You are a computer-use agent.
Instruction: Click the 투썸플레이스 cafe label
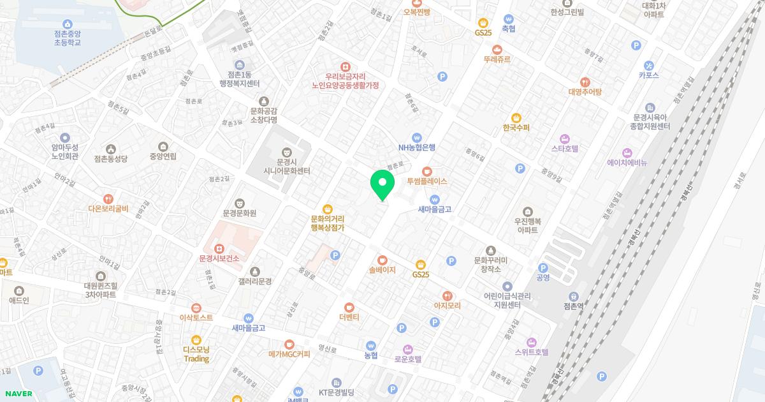pos(427,181)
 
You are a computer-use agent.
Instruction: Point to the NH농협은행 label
pos(417,147)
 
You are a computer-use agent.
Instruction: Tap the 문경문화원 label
pos(240,212)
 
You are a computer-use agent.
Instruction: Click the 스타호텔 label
pos(565,148)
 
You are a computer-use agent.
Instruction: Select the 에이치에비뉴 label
pos(627,163)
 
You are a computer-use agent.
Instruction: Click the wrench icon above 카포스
pos(649,65)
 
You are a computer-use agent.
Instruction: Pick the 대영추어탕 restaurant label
pos(585,91)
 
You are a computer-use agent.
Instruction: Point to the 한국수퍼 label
pos(516,127)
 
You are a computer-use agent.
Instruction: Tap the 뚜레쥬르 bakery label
pos(497,59)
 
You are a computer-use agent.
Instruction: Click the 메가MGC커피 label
pos(289,354)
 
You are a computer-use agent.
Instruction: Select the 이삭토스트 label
pos(196,317)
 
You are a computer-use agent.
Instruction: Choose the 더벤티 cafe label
pos(349,316)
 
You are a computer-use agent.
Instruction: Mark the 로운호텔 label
pos(408,359)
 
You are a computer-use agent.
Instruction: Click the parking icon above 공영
pos(543,268)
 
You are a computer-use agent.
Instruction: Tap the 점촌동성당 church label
pos(110,158)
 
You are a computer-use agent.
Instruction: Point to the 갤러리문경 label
pos(255,281)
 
